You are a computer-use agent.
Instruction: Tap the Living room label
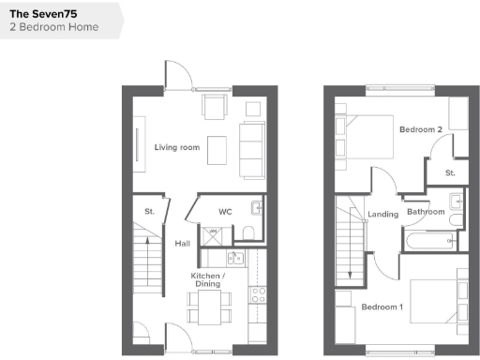tap(176, 147)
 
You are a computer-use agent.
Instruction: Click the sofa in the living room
tap(251, 149)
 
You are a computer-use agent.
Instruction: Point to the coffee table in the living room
tap(217, 149)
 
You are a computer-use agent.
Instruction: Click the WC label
tap(225, 212)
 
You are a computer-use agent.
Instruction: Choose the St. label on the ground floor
tap(149, 212)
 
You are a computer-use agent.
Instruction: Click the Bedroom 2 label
tap(420, 128)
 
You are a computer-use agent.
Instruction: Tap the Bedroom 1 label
tap(382, 307)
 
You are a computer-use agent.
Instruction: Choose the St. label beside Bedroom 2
tap(449, 173)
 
